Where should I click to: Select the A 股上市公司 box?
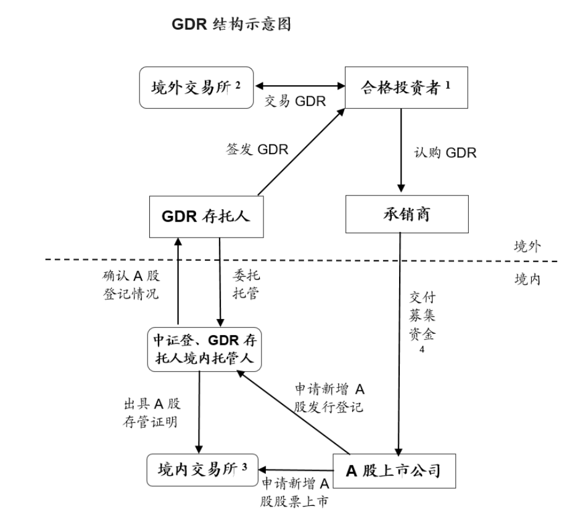click(394, 471)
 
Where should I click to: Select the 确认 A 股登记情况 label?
click(131, 285)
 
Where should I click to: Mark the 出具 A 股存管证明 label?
click(152, 412)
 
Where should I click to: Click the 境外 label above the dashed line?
click(527, 247)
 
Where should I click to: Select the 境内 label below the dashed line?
click(527, 279)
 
